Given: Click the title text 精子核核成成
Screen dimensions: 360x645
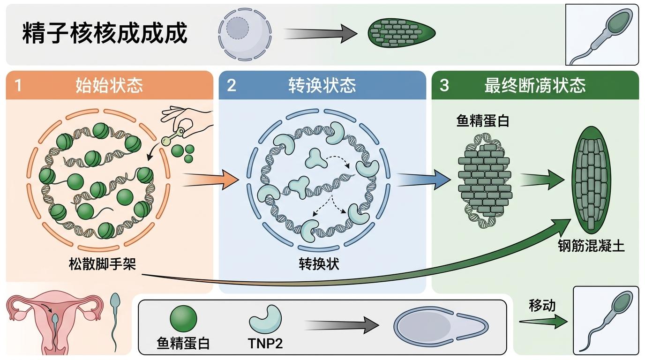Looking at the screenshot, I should click(x=105, y=33).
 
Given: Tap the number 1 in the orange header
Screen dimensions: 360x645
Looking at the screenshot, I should click(x=18, y=85).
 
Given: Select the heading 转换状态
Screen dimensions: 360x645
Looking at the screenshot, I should click(x=322, y=85).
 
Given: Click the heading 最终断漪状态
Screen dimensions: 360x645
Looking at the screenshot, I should click(x=535, y=85).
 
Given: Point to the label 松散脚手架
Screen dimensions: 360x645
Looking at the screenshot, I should click(x=102, y=264).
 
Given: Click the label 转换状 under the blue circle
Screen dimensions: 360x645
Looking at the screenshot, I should click(x=319, y=264).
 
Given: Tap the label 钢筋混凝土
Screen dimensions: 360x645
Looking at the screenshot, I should click(x=591, y=246).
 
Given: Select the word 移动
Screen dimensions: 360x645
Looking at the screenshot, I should click(x=542, y=306).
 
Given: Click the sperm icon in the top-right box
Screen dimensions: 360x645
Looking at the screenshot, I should click(x=602, y=34).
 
